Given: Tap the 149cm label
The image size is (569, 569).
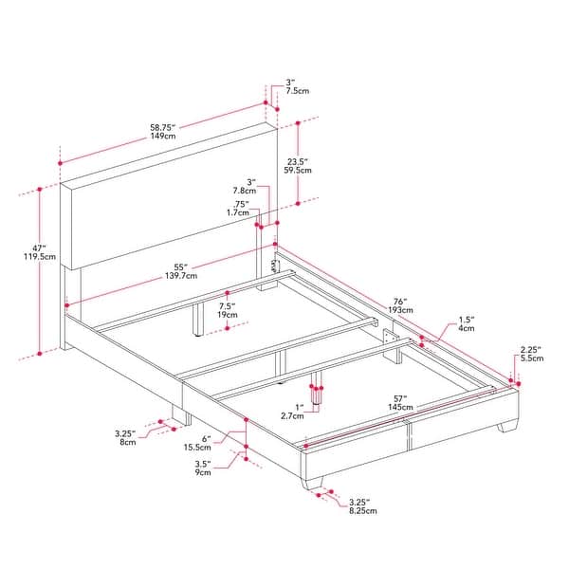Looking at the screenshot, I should (x=162, y=137).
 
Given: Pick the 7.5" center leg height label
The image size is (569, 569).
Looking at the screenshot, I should (x=227, y=306).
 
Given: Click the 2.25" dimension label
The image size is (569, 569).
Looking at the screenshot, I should (x=530, y=349).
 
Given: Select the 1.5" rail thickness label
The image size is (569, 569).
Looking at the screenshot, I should (x=466, y=320).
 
